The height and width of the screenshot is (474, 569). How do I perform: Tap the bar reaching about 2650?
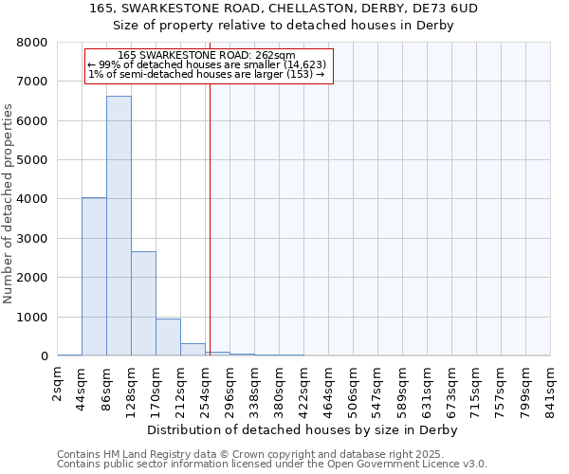click(143, 303)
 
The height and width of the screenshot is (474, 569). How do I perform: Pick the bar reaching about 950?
click(168, 337)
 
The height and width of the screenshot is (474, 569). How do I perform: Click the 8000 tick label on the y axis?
click(32, 43)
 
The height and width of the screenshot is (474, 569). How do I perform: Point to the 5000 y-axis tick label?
click(32, 160)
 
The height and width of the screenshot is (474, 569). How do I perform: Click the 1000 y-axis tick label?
click(32, 317)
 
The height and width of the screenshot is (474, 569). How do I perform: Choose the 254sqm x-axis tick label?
click(206, 385)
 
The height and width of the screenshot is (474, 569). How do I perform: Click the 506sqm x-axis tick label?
click(353, 385)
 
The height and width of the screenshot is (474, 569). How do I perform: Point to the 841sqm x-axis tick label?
click(550, 385)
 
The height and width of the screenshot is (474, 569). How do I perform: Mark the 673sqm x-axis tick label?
click(451, 385)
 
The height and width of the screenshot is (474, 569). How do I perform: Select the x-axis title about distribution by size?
click(303, 429)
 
